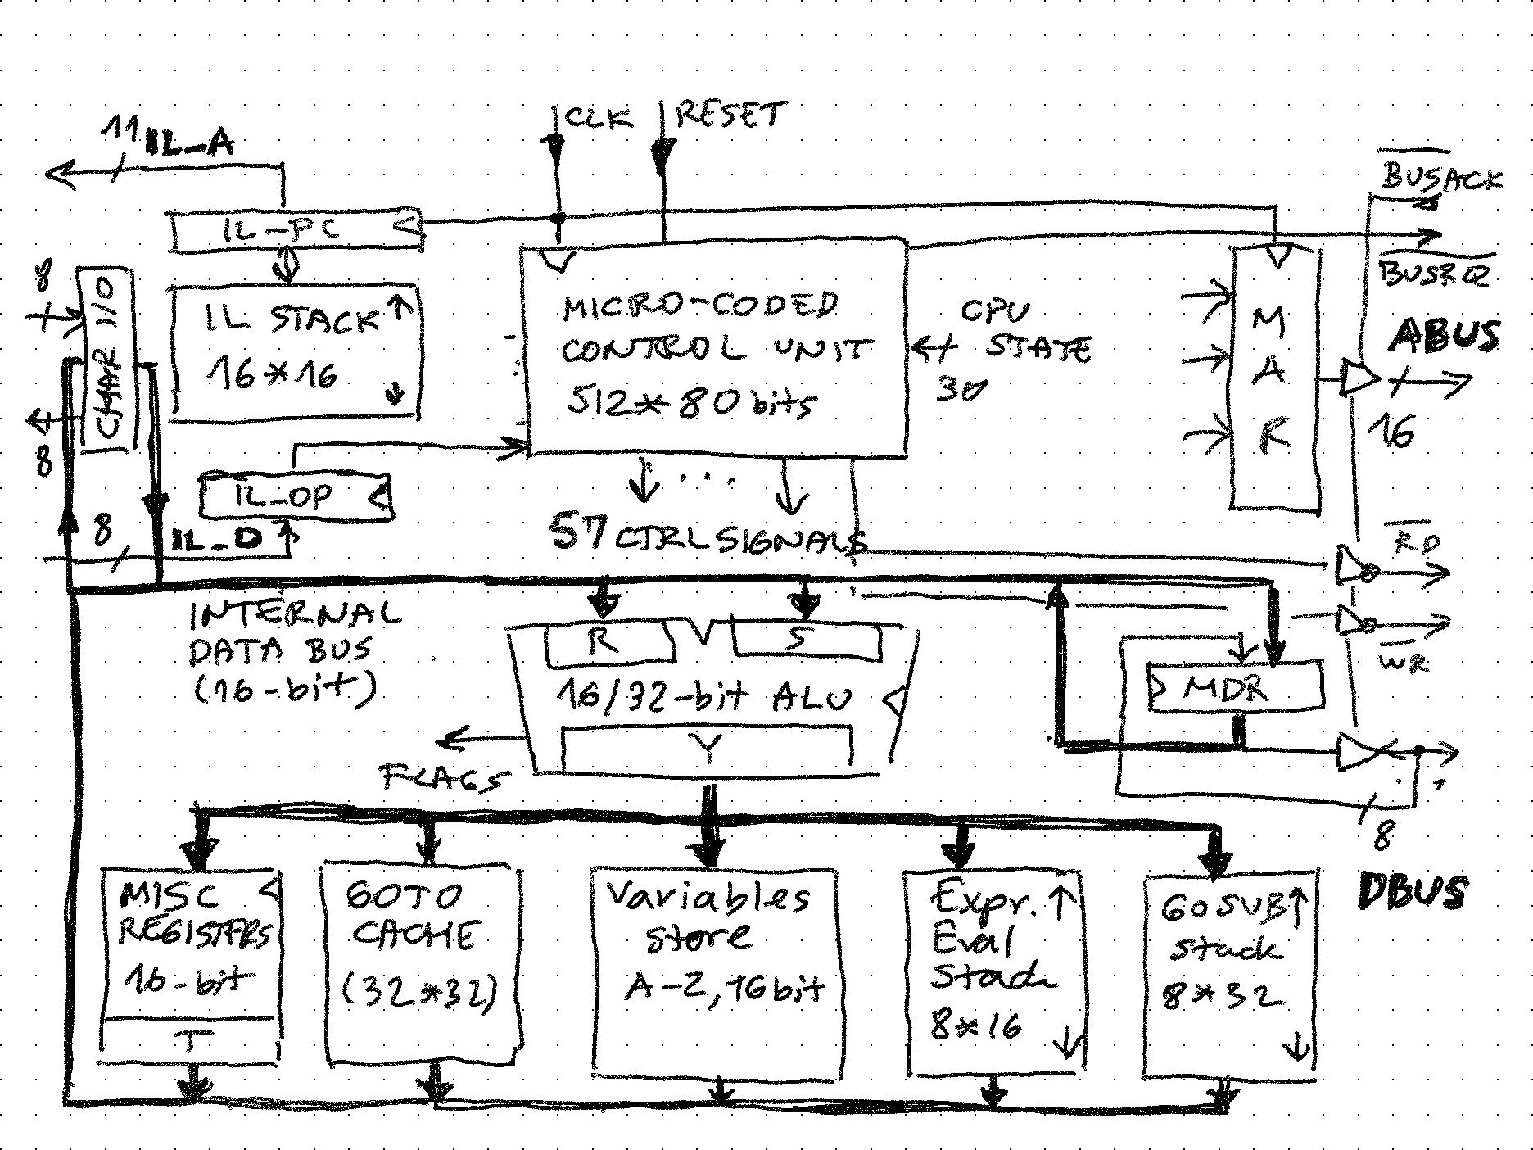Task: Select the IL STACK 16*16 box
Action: (x=295, y=352)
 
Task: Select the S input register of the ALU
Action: (x=807, y=640)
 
